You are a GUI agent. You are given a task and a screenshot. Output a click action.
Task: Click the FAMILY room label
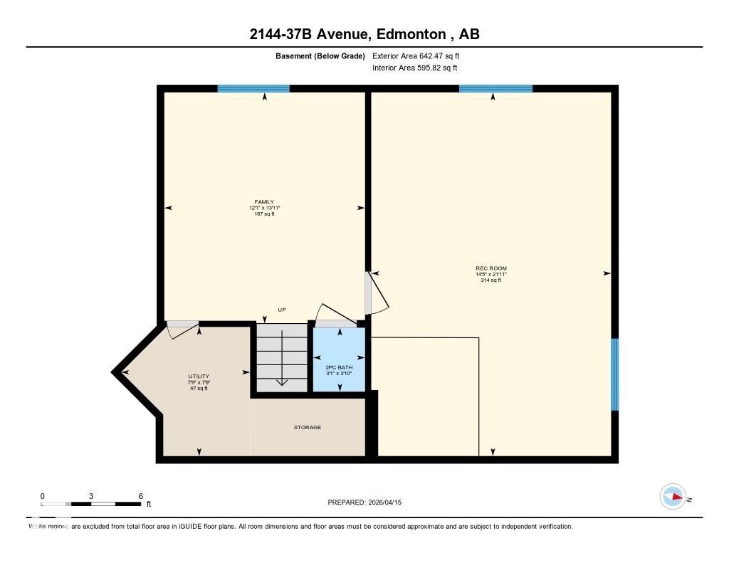264,202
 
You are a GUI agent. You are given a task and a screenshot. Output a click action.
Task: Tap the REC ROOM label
491,268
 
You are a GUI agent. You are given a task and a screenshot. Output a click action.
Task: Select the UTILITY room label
199,377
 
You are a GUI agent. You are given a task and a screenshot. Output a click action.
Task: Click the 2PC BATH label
339,367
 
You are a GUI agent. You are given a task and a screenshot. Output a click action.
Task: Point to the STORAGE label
308,428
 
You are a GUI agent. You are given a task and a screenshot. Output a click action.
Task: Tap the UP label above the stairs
282,310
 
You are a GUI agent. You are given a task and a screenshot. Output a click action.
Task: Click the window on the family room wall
253,89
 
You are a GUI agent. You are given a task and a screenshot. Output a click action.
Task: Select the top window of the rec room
495,89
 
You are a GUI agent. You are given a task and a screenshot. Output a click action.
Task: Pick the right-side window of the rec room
615,374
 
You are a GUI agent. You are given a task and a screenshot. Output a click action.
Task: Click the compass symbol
673,497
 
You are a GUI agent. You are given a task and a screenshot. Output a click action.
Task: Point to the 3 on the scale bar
91,496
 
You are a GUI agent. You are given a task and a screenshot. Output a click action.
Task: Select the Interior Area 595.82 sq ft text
414,68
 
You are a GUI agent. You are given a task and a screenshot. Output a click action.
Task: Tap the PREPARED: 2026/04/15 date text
369,503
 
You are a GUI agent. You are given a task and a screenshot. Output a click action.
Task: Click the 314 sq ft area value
491,280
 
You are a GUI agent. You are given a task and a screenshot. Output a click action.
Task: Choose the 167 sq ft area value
264,214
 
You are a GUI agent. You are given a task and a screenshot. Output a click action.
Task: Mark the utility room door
183,325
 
